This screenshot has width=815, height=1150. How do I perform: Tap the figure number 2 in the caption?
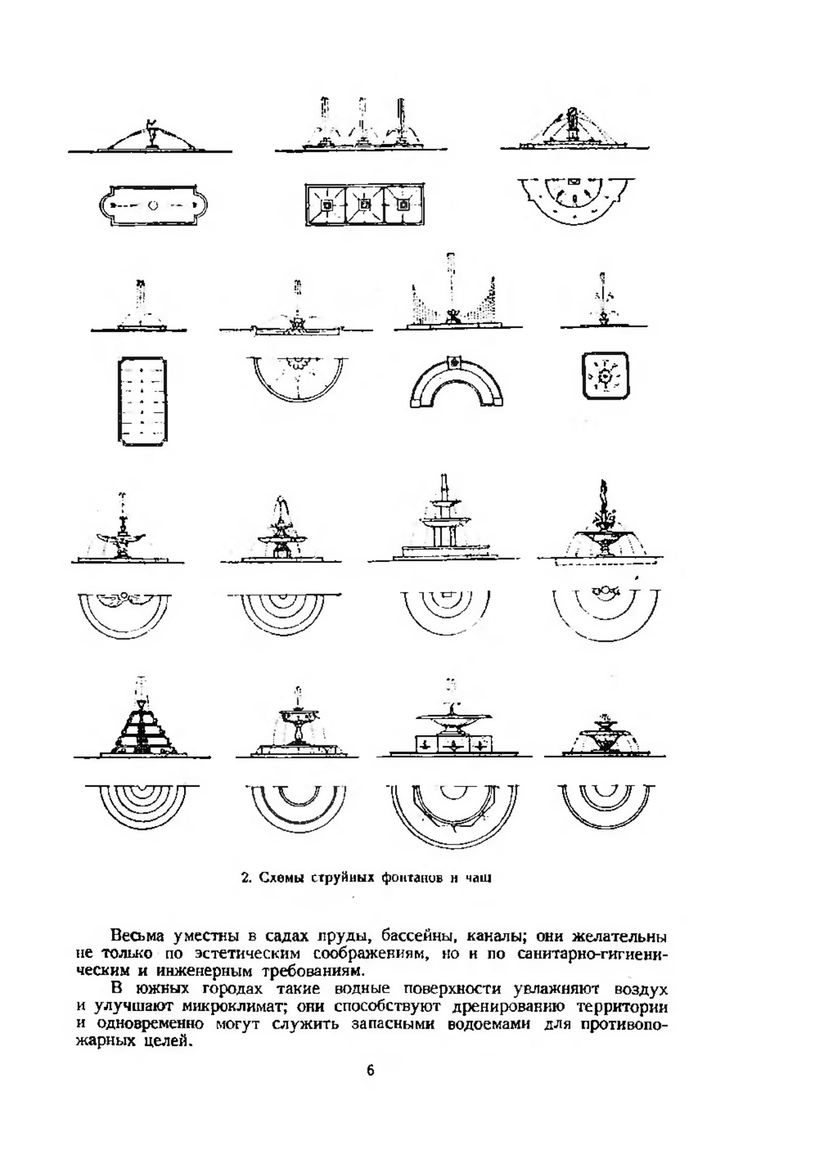click(x=245, y=877)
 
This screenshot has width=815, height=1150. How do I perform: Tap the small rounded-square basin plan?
click(x=606, y=376)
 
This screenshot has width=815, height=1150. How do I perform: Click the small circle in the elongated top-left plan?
click(x=153, y=205)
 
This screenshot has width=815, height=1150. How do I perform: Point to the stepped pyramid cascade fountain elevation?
click(x=141, y=720)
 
